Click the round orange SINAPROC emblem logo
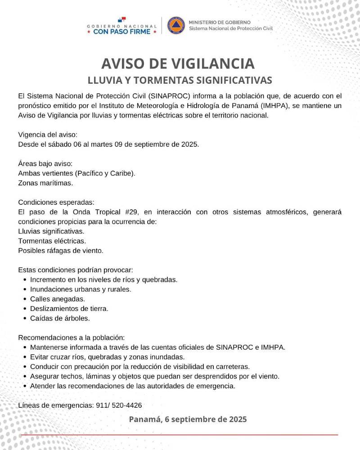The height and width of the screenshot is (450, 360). click(x=176, y=25)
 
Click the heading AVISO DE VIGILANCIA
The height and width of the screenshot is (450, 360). click(x=178, y=63)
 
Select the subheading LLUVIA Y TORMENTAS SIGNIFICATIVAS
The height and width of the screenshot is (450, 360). click(x=180, y=80)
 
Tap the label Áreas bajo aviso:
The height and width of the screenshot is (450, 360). click(x=45, y=164)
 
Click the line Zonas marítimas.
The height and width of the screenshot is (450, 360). click(x=45, y=183)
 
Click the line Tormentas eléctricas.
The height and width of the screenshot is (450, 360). click(x=52, y=241)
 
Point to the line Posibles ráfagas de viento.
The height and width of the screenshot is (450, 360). click(x=61, y=251)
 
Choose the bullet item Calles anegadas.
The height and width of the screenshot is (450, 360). click(x=57, y=299)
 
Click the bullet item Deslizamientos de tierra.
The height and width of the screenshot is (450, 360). click(x=69, y=309)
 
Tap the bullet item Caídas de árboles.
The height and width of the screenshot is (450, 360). click(x=60, y=318)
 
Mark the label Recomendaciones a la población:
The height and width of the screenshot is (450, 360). click(x=71, y=337)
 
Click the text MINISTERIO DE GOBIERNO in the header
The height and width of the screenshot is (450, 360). click(x=220, y=22)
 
